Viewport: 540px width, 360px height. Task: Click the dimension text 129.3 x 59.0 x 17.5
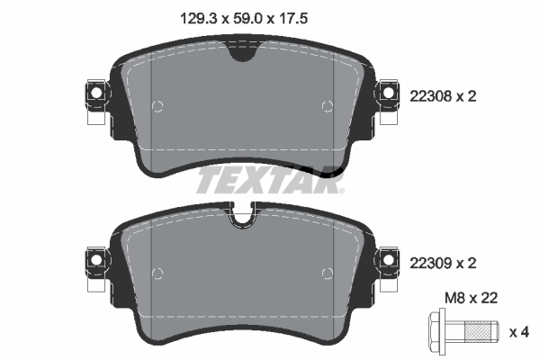(x=238, y=15)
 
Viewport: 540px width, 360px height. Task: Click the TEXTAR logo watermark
(x=270, y=179)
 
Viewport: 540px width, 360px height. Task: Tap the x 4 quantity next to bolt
(x=519, y=333)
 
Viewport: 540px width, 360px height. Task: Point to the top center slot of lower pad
(x=241, y=217)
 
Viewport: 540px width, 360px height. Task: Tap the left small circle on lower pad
(x=158, y=273)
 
